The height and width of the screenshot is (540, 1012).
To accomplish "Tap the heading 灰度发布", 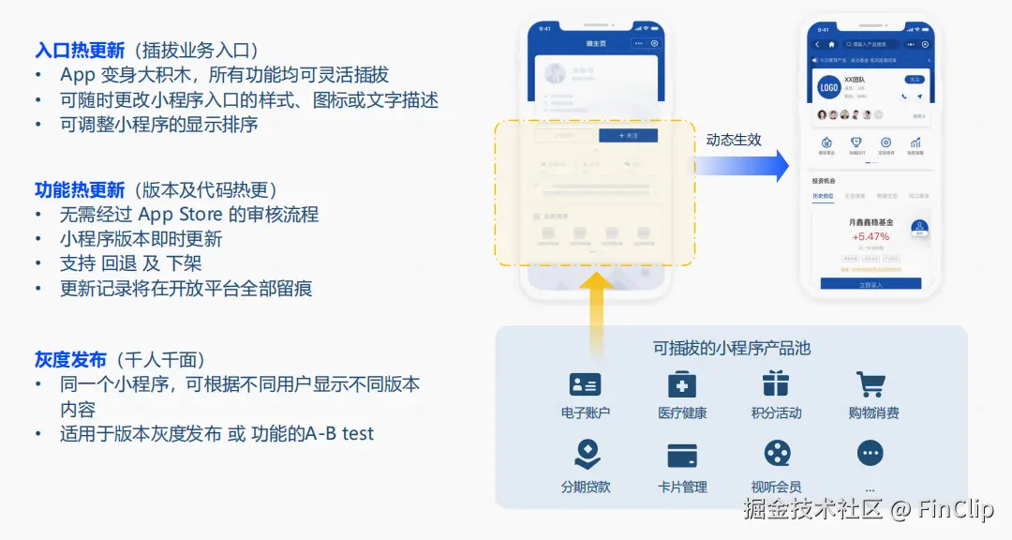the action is [70, 360].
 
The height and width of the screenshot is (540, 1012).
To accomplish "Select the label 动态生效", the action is [734, 140].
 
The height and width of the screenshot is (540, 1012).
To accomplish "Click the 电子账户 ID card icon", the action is [585, 384].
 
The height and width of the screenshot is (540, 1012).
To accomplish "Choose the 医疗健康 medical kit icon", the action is [681, 384].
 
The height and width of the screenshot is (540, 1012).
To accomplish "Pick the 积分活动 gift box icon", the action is [775, 384].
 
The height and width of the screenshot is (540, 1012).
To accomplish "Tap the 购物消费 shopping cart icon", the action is [871, 384].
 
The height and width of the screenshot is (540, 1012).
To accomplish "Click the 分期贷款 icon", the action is [587, 455].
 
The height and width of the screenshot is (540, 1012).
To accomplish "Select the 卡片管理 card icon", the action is [681, 456].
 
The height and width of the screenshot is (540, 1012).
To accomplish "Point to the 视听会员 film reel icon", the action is [776, 455].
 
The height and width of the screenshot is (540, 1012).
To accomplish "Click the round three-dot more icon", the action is [871, 454].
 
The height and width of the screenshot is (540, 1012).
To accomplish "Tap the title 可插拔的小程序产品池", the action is [731, 348].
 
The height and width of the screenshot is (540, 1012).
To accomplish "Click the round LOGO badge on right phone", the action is [828, 87].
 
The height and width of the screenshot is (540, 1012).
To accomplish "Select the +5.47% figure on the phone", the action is [871, 235].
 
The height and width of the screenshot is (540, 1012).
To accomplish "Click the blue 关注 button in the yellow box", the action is [628, 136].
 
